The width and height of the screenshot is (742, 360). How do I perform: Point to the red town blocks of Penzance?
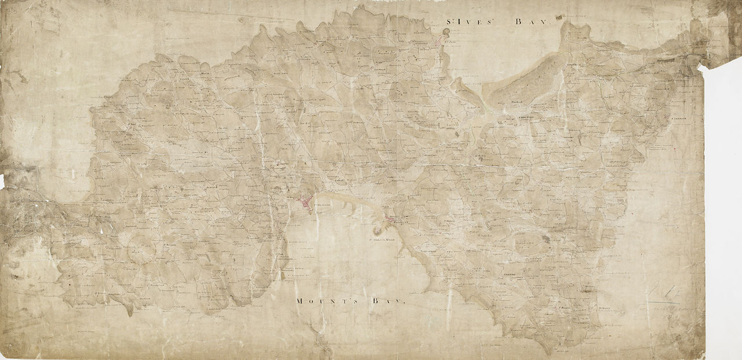304,202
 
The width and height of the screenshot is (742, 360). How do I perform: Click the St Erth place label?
479,155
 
